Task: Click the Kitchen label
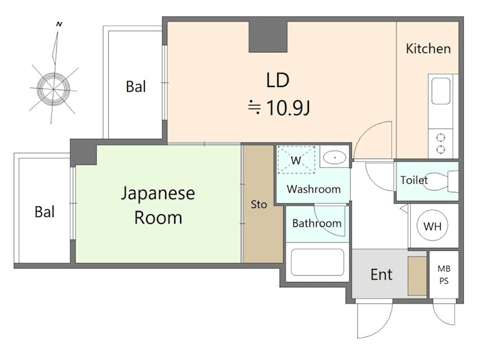pyautogui.click(x=428, y=49)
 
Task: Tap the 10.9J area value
pyautogui.click(x=288, y=108)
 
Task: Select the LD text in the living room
pyautogui.click(x=277, y=80)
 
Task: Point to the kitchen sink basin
pyautogui.click(x=441, y=91)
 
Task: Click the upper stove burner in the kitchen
pyautogui.click(x=441, y=138)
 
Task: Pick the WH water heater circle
pyautogui.click(x=432, y=226)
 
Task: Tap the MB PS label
pyautogui.click(x=444, y=275)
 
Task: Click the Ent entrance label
pyautogui.click(x=382, y=275)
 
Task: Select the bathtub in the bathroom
pyautogui.click(x=317, y=262)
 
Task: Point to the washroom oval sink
pyautogui.click(x=334, y=157)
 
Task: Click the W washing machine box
pyautogui.click(x=296, y=160)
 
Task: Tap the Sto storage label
pyautogui.click(x=259, y=204)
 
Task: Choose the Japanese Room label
pyautogui.click(x=158, y=206)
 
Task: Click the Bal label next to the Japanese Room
pyautogui.click(x=45, y=212)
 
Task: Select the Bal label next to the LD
pyautogui.click(x=136, y=86)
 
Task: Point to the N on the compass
pyautogui.click(x=59, y=24)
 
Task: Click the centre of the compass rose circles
pyautogui.click(x=54, y=89)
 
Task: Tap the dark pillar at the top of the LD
pyautogui.click(x=268, y=37)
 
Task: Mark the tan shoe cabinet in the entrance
pyautogui.click(x=417, y=276)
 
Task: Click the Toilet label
pyautogui.click(x=414, y=180)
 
